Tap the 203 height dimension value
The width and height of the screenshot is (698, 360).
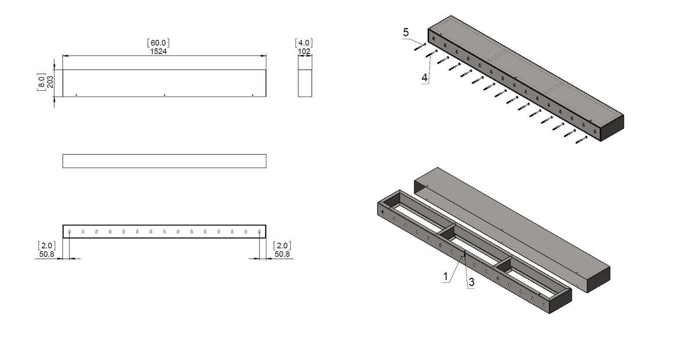click(50, 82)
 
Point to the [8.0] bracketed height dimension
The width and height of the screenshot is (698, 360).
click(41, 82)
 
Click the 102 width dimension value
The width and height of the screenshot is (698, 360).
click(304, 51)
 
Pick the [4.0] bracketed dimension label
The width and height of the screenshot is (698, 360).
click(304, 42)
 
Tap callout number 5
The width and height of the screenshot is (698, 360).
click(406, 33)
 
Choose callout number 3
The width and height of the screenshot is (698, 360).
click(471, 281)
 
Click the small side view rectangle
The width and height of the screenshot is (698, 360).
click(305, 83)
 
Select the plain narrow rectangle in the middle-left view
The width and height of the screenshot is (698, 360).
click(164, 161)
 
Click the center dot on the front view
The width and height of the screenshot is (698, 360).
click(165, 95)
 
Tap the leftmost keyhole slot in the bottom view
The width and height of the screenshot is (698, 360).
click(69, 232)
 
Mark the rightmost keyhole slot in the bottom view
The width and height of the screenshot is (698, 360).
click(259, 232)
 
